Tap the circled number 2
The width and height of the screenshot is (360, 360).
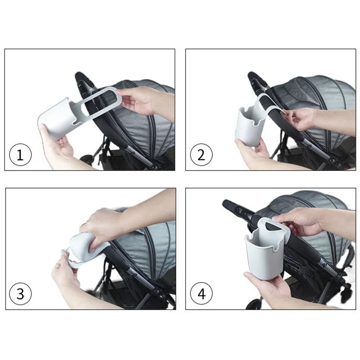pyautogui.click(x=201, y=155)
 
